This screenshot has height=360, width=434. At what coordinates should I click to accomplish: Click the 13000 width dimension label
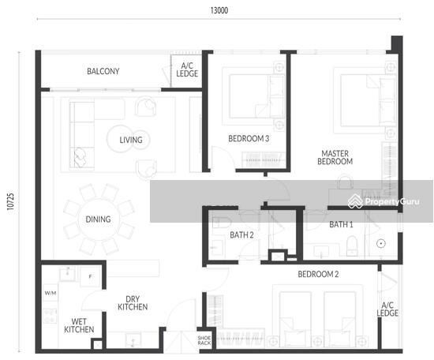[219, 10]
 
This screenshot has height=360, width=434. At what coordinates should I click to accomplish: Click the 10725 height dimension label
[10, 201]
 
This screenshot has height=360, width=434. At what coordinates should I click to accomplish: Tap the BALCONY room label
[103, 71]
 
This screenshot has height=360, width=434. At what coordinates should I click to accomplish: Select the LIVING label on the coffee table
[131, 140]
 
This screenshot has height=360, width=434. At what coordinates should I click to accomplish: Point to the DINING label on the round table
[98, 219]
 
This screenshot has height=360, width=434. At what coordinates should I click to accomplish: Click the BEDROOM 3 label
[249, 138]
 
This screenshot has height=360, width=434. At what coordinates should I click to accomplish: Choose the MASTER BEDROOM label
[335, 157]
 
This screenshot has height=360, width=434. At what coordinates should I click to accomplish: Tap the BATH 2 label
[241, 235]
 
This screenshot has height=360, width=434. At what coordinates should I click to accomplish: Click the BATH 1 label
[341, 224]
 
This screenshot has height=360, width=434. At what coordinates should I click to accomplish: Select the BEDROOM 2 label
[318, 274]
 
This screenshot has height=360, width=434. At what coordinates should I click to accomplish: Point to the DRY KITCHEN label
[133, 303]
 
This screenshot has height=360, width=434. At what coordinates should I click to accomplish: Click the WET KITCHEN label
[79, 325]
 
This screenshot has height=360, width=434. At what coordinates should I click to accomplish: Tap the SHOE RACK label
[204, 340]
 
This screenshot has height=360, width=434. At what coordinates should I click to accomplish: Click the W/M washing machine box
[51, 293]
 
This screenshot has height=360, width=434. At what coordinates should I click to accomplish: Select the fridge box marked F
[90, 276]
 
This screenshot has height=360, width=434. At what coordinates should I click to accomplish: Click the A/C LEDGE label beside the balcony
[187, 69]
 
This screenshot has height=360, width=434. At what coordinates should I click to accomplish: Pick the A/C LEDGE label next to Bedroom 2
[387, 309]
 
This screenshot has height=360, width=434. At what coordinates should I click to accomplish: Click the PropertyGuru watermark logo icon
[355, 201]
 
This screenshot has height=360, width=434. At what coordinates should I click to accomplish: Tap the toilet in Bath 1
[352, 246]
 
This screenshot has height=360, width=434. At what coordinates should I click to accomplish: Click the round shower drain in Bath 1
[381, 244]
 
